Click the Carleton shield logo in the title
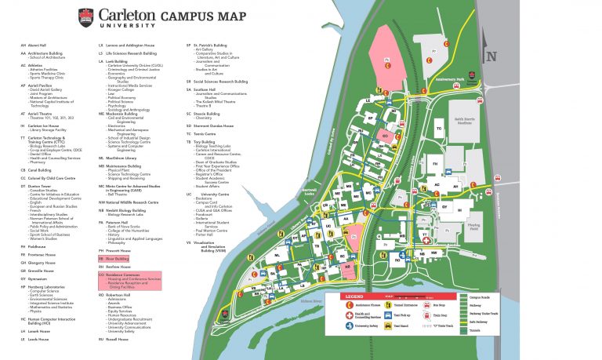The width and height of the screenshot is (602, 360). tap(85, 15)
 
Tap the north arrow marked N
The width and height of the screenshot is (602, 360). tap(491, 56)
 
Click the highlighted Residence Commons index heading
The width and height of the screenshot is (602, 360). tap(122, 275)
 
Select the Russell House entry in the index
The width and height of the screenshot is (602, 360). tap(117, 340)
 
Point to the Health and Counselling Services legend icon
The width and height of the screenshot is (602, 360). tap(351, 314)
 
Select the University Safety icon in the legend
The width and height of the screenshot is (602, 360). tap(351, 325)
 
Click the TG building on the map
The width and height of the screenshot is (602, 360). tap(438, 128)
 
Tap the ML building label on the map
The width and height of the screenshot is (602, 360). tap(277, 256)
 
